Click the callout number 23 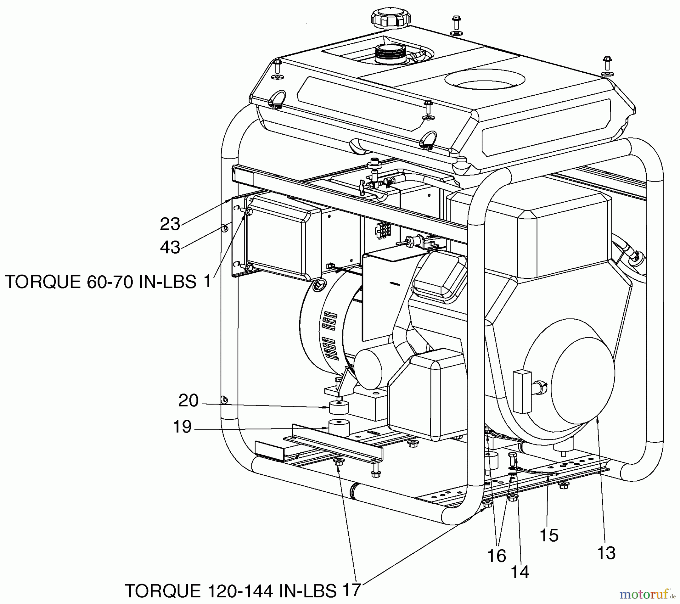coord(170,224)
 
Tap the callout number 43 coord(170,247)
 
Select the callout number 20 coord(189,401)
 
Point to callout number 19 coord(182,427)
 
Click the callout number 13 coord(606,553)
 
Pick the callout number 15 coord(549,535)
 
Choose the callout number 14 coord(520,572)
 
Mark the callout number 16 coord(496,556)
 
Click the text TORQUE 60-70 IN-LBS coord(100,282)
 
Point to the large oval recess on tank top coord(485,80)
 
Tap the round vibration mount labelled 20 coord(338,408)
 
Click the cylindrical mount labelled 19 coord(338,428)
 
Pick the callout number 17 coord(351,590)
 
